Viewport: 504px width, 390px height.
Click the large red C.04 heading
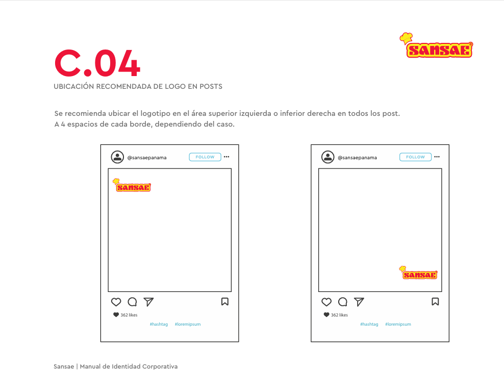(x=97, y=63)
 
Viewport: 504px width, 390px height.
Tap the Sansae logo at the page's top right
(x=436, y=45)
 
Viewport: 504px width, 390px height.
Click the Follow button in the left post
(x=205, y=157)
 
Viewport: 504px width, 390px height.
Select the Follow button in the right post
(x=415, y=157)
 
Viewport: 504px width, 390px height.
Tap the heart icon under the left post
(x=116, y=302)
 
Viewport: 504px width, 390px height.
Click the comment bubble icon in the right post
(x=343, y=302)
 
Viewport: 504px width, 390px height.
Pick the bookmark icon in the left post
(x=225, y=302)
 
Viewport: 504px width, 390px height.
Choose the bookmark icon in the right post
(x=435, y=302)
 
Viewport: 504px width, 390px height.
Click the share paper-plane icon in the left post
(x=148, y=302)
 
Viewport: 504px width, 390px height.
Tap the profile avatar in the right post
(x=328, y=157)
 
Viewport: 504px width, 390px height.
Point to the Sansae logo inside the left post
(x=132, y=185)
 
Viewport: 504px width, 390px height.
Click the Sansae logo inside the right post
(x=418, y=273)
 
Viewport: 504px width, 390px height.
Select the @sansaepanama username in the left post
(x=147, y=158)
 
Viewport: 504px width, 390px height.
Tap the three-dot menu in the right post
(x=437, y=157)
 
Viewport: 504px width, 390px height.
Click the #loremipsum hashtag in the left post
(x=188, y=324)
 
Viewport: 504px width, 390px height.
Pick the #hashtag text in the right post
(x=369, y=324)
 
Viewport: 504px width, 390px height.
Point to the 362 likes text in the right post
(x=339, y=315)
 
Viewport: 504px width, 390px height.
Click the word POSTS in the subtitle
(x=211, y=86)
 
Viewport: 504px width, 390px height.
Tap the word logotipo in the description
(x=156, y=113)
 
